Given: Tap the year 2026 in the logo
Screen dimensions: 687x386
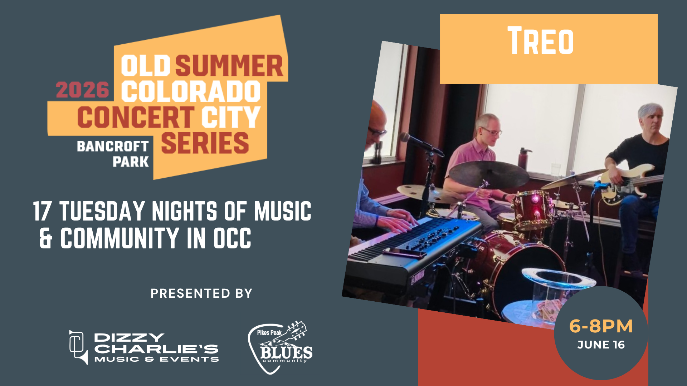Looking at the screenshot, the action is point(82,90).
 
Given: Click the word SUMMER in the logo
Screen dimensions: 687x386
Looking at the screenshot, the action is point(229,66).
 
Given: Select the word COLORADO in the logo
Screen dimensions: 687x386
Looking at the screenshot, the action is point(191,91).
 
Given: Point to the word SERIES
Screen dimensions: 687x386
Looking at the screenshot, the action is point(205,143).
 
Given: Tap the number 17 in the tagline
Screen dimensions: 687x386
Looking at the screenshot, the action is point(43,211).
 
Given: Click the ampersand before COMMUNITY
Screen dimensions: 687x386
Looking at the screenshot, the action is point(46,238).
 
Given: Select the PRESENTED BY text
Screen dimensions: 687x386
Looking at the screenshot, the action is point(201,293).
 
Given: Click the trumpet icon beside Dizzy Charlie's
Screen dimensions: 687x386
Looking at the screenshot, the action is point(78,347).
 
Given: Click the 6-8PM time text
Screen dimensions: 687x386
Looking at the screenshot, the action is point(601,326).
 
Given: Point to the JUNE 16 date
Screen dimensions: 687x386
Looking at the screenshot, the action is point(601,345).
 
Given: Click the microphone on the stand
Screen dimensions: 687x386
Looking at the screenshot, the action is point(420,144).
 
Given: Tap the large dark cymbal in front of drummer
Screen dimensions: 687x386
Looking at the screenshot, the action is point(489,174).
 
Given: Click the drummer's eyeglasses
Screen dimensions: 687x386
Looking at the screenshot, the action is point(491,131).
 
